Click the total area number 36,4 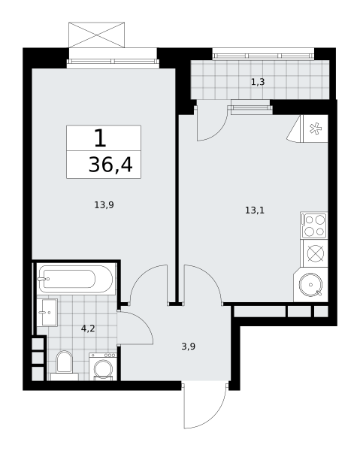[x=110, y=165]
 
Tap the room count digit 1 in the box [x=100, y=138]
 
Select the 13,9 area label [x=104, y=205]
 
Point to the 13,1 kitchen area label [x=255, y=210]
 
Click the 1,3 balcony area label [x=258, y=82]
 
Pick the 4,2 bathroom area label [x=88, y=328]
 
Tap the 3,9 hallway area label [x=189, y=347]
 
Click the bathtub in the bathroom [x=76, y=279]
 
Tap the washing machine [x=103, y=367]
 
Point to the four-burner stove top [x=314, y=225]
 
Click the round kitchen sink [x=311, y=284]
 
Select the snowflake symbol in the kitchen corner [x=316, y=129]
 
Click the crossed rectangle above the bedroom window [x=97, y=35]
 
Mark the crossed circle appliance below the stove [x=316, y=253]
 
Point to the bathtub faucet [x=44, y=279]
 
